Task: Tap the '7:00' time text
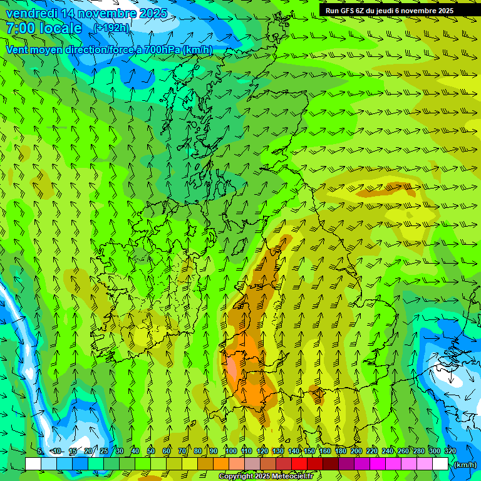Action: (21, 28)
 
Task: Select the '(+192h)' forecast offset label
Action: (111, 28)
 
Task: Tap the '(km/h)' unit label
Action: (464, 465)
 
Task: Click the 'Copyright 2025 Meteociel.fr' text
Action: (266, 477)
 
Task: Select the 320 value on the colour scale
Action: (450, 451)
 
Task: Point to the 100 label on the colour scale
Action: (230, 451)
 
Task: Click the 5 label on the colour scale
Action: (40, 451)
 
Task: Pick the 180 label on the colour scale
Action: (340, 451)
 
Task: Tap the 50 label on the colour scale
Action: (151, 451)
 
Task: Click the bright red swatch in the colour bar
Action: (299, 464)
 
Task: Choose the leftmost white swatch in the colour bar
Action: (33, 464)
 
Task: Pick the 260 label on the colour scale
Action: (403, 451)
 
